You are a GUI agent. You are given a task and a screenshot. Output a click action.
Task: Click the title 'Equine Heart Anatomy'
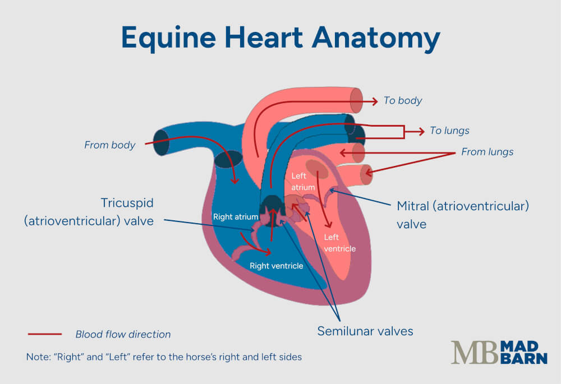coord(280,38)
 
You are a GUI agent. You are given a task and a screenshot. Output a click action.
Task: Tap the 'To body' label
coord(403,101)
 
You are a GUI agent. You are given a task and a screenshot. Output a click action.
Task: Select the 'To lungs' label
coord(449,131)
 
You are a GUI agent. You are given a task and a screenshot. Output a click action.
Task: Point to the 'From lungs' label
coord(487,152)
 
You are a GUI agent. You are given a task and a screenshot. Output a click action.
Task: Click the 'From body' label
coord(110,145)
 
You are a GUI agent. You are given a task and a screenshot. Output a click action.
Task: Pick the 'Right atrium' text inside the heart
coord(235,217)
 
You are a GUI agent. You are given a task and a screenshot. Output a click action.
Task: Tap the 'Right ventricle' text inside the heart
coord(276,266)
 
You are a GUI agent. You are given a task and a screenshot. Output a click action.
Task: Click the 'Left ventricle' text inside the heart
coord(339,243)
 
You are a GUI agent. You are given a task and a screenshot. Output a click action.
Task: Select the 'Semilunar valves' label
coord(365,331)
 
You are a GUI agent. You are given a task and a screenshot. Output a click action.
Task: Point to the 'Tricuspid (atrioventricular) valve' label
coord(89,211)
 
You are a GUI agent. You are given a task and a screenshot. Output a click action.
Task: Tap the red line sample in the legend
coord(45,334)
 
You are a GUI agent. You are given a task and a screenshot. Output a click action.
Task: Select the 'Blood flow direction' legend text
coord(123,335)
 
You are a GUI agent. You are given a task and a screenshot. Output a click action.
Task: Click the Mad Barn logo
coord(499,353)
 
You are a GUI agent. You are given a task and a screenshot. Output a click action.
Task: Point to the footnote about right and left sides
coord(164,357)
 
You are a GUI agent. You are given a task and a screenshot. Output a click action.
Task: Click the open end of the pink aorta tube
coord(357,100)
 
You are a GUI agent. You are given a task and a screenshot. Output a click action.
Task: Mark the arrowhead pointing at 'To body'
coord(375,101)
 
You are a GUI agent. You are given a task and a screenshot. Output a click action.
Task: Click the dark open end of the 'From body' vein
coord(161,142)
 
